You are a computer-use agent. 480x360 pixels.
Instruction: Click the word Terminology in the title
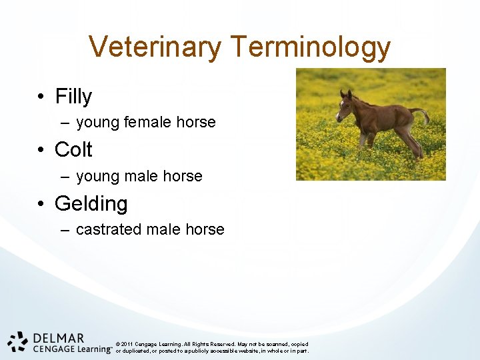click(311, 47)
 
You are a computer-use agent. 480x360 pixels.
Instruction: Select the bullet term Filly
click(73, 97)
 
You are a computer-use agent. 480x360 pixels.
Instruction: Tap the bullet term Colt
click(73, 150)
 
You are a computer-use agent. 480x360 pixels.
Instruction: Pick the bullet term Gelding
click(91, 203)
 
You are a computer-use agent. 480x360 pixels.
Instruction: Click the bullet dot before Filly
click(41, 97)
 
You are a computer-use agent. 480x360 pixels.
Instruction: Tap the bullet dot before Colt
click(41, 151)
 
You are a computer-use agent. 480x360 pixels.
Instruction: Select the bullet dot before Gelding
click(41, 204)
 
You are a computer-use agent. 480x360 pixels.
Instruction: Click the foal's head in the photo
click(345, 105)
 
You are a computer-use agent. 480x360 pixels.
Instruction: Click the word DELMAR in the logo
click(58, 339)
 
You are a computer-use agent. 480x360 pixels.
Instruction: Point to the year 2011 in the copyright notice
click(129, 344)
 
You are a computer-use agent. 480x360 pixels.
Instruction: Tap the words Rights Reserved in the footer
click(213, 344)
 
